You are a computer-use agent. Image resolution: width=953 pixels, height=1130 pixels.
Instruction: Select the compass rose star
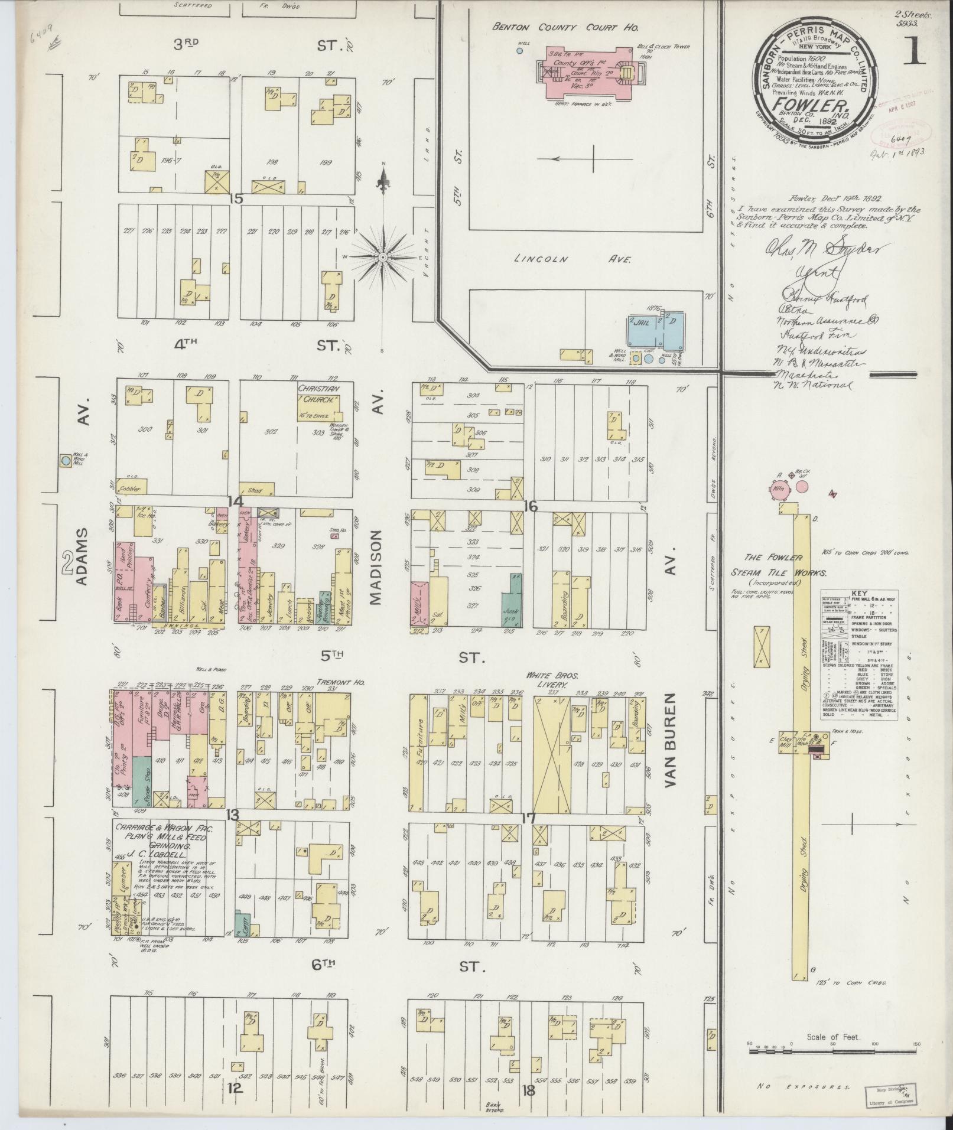pyautogui.click(x=383, y=258)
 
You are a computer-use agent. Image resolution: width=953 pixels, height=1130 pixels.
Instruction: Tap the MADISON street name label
pyautogui.click(x=376, y=567)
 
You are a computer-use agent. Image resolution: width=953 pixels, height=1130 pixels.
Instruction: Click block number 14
pyautogui.click(x=236, y=502)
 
